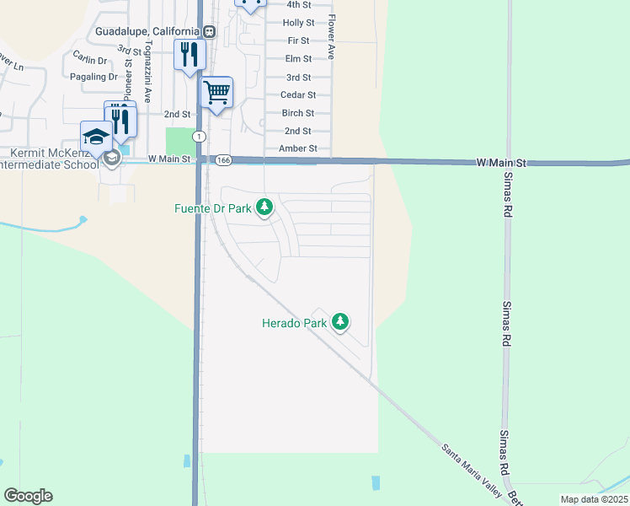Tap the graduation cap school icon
coord(96,136)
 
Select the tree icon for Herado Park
coord(340,321)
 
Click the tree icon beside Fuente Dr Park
coord(264,207)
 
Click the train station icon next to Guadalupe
coord(208,32)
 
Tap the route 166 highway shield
coord(222,159)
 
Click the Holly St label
coord(298,23)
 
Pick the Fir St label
coord(298,40)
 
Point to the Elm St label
coord(298,58)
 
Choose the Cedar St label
coord(298,95)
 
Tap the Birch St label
coord(298,113)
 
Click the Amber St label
coord(298,148)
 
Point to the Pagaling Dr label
coord(94,76)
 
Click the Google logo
coord(28,496)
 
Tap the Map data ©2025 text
coord(593,499)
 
